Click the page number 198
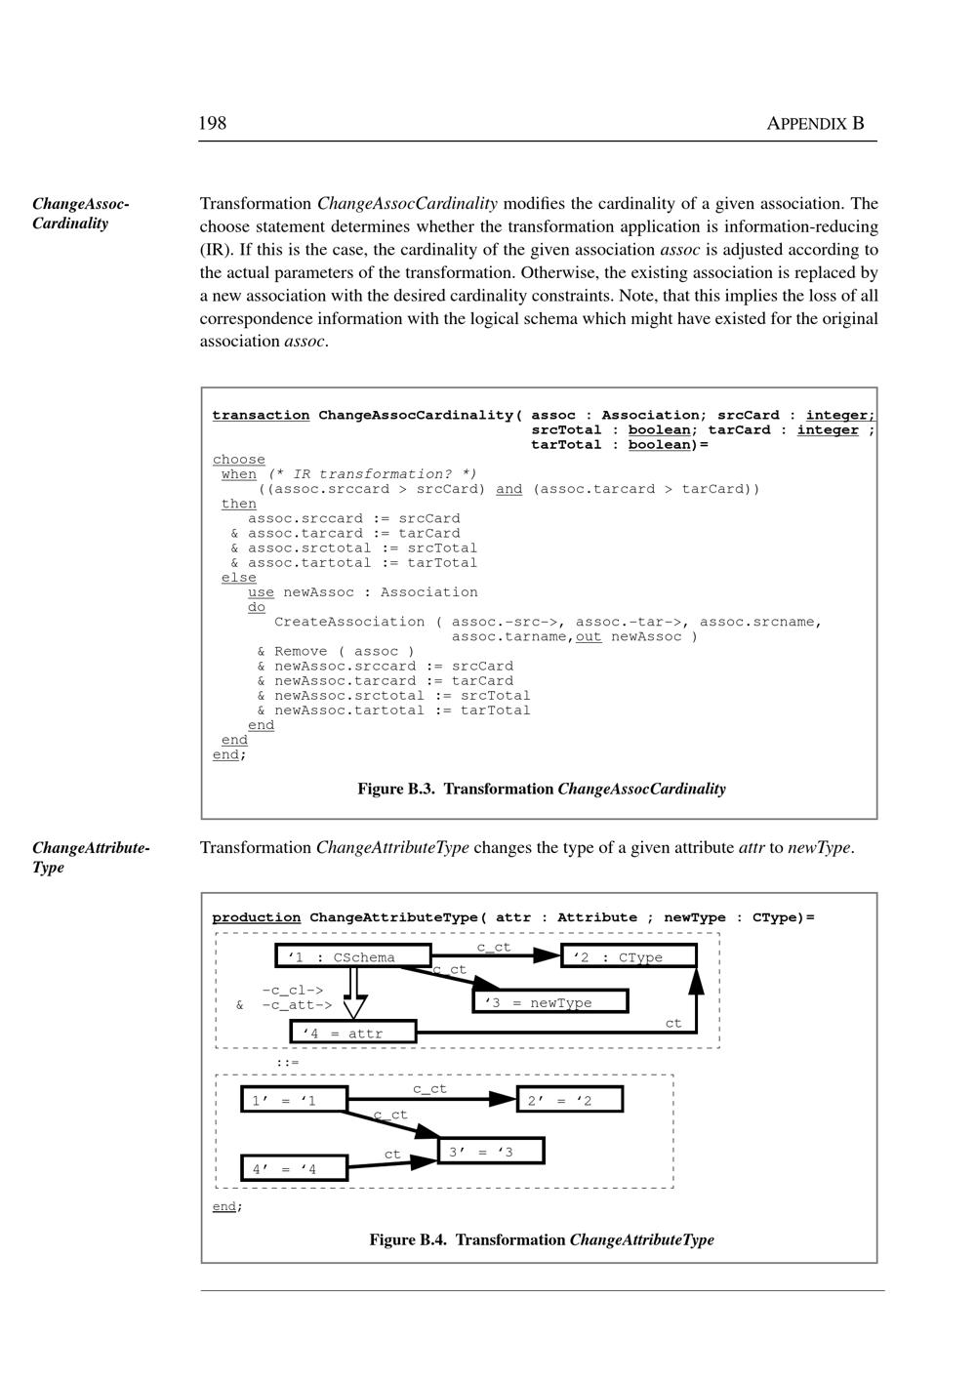click(x=213, y=123)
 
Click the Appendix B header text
click(x=815, y=123)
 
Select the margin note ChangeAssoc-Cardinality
click(x=81, y=214)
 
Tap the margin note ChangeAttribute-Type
click(x=91, y=857)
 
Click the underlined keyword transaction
click(x=261, y=416)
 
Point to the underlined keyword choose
click(x=239, y=460)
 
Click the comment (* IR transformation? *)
click(x=373, y=474)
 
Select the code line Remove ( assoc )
click(x=344, y=651)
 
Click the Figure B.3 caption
click(x=542, y=789)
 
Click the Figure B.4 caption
click(x=542, y=1239)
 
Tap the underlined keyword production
click(x=257, y=917)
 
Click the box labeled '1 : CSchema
click(x=353, y=957)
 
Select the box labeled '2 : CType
click(x=629, y=957)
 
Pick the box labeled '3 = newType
click(x=549, y=1002)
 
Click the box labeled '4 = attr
click(x=353, y=1033)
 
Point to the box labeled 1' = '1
click(x=294, y=1101)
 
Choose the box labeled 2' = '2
click(x=569, y=1101)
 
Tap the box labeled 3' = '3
click(x=490, y=1152)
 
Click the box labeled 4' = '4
click(x=294, y=1168)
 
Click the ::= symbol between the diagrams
click(x=287, y=1062)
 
